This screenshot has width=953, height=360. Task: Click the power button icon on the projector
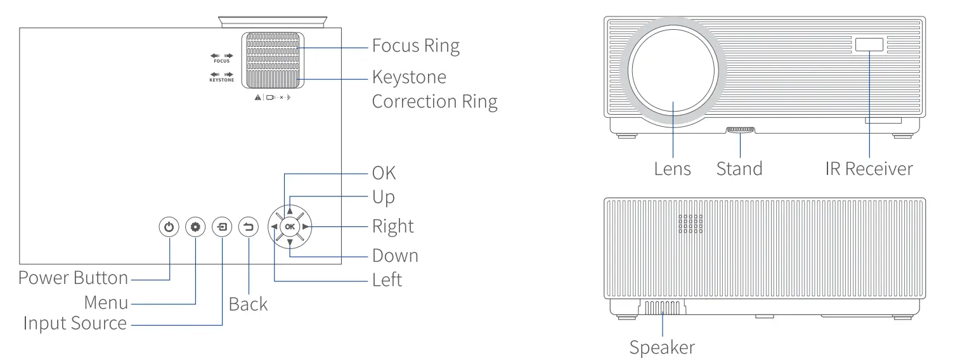point(169,226)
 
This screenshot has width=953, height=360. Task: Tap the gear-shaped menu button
point(195,226)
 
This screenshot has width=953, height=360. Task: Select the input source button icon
point(222,226)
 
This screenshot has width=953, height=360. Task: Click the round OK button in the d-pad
point(290,226)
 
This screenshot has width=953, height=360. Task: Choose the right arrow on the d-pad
point(306,226)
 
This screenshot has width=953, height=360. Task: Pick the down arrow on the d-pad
point(290,242)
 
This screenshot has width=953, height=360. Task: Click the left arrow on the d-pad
point(274,226)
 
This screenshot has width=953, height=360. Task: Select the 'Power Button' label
point(73,278)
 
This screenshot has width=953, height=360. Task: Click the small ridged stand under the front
point(740,130)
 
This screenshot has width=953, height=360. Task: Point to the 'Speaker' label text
point(662,347)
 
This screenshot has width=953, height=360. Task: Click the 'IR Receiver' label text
point(869,169)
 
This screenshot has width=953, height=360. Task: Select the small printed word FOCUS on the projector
point(221,61)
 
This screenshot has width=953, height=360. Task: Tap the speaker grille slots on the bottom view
point(663,309)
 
